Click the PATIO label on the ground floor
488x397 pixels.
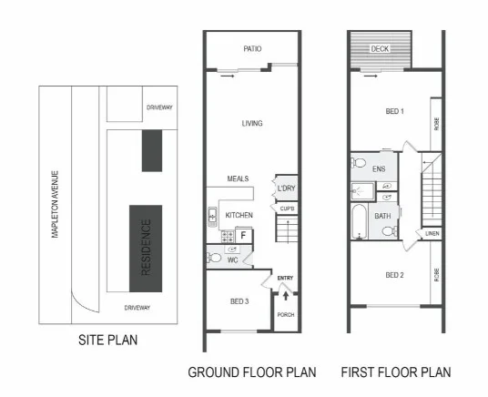tap(252, 49)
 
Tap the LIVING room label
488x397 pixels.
tap(252, 124)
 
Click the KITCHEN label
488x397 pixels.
tap(239, 215)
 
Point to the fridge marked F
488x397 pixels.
tap(244, 236)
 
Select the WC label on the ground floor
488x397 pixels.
tap(232, 260)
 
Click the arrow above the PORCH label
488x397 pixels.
tap(286, 295)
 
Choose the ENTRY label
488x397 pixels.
tap(285, 278)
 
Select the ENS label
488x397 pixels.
tap(379, 168)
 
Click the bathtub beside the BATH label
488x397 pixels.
tap(360, 220)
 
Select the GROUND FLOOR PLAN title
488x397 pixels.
tap(252, 372)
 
